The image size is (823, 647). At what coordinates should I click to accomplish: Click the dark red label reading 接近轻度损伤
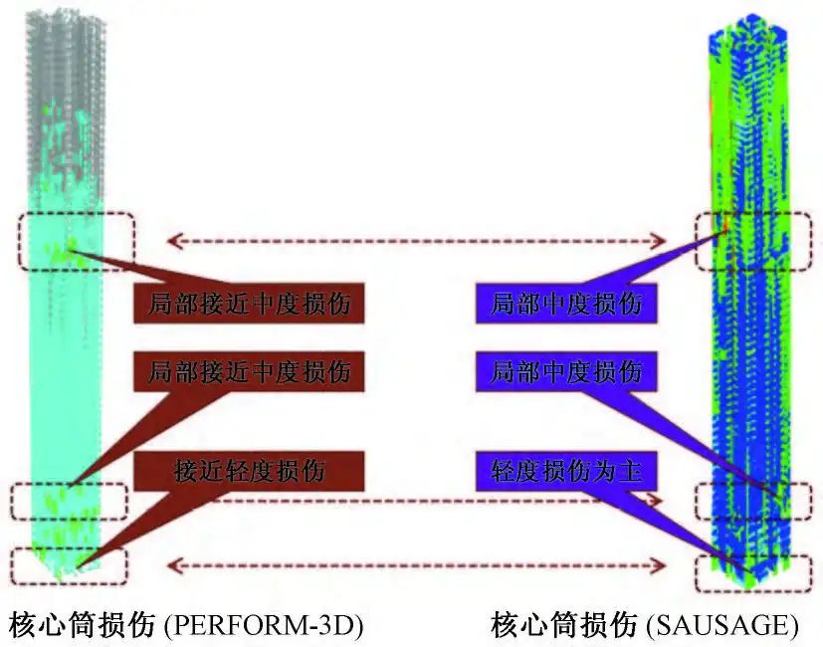coord(249,470)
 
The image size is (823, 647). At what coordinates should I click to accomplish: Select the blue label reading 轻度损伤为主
coord(566,470)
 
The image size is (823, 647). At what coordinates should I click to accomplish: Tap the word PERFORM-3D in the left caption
coord(263,625)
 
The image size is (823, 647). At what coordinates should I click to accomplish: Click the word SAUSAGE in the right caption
coord(722,625)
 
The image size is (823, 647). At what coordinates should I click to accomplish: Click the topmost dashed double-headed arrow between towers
coord(415,240)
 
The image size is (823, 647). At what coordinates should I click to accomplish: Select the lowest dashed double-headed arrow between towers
coord(415,566)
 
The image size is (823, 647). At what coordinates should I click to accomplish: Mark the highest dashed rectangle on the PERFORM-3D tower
coord(76,240)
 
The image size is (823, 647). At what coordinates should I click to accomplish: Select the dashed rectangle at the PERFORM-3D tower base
coord(69,566)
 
